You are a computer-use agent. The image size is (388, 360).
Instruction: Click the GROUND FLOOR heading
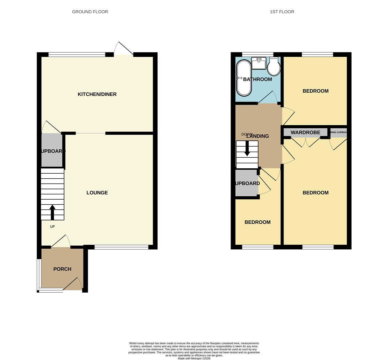[90, 12]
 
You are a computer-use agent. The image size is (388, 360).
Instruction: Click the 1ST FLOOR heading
[282, 12]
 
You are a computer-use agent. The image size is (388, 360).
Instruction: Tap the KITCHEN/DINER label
[97, 94]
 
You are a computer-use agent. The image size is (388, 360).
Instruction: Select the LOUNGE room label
[97, 193]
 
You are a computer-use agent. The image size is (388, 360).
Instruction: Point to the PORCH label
[62, 269]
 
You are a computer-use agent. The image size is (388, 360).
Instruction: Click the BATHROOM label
[258, 79]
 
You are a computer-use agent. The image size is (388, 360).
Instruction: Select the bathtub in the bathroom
[244, 78]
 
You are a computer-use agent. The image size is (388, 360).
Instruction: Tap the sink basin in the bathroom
[259, 63]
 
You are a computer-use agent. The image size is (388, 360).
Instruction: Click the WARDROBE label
[305, 132]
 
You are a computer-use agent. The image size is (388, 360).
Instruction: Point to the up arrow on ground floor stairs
[52, 212]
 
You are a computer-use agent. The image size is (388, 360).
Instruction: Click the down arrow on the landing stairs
[247, 149]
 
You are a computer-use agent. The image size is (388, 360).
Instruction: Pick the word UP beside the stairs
[52, 227]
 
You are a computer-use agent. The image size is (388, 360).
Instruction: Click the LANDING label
[258, 136]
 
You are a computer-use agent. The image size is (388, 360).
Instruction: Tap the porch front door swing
[74, 284]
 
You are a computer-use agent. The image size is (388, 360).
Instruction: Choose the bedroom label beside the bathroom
[315, 91]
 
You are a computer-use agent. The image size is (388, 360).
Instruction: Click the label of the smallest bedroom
[258, 222]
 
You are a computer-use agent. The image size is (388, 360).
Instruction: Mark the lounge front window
[121, 247]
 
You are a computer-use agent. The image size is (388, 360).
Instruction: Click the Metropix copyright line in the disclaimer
[194, 358]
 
